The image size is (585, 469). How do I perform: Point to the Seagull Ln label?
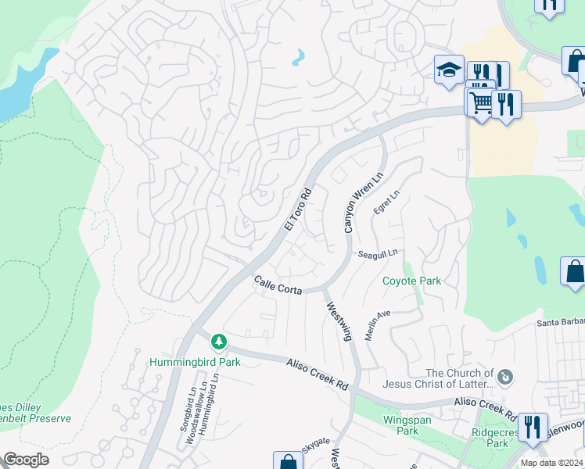tap(378, 253)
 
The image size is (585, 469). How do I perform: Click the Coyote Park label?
tap(411, 281)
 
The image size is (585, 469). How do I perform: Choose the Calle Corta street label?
tap(278, 285)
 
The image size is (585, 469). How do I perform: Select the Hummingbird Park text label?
tap(195, 362)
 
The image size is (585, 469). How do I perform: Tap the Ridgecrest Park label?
tap(490, 437)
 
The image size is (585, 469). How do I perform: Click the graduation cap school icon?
tap(450, 70)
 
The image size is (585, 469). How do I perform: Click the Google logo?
tap(26, 460)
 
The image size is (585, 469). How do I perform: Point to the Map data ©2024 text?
tap(551, 463)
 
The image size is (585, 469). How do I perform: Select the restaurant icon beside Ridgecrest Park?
tap(533, 427)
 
